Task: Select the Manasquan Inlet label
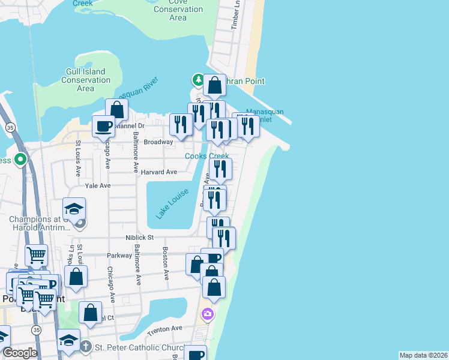[265, 116]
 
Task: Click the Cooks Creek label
[206, 156]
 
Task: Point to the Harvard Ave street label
[159, 172]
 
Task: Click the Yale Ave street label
[98, 186]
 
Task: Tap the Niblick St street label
[140, 238]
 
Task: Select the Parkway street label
[119, 256]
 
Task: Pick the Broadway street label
[158, 142]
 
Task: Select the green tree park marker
[197, 80]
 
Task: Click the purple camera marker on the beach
[207, 313]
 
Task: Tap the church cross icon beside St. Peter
[86, 347]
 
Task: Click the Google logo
[19, 353]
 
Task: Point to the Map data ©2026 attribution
[423, 355]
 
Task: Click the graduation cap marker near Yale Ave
[74, 208]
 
